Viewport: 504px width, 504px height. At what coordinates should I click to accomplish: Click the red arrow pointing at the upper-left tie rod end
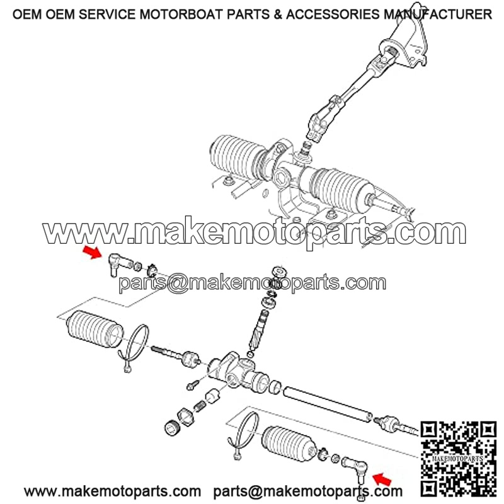92,252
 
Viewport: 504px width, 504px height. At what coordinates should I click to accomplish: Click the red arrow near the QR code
382,479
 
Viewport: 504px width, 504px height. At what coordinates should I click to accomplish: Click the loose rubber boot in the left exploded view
95,329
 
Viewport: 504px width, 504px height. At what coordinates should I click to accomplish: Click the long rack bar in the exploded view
328,404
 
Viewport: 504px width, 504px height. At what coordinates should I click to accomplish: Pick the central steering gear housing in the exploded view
238,372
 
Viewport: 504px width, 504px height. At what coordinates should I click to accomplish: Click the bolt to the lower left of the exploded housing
193,384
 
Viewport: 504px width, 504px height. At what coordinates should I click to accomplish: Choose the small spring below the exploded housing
200,406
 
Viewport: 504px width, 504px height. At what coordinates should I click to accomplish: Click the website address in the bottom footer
113,491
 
